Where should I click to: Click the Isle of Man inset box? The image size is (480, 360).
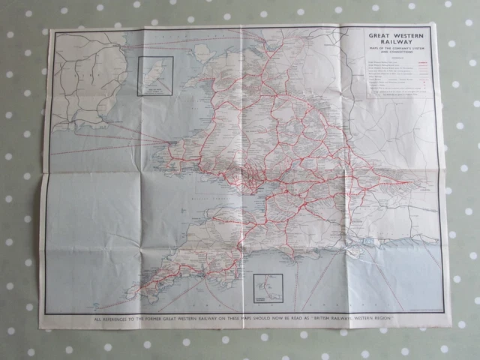pyautogui.click(x=155, y=76)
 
